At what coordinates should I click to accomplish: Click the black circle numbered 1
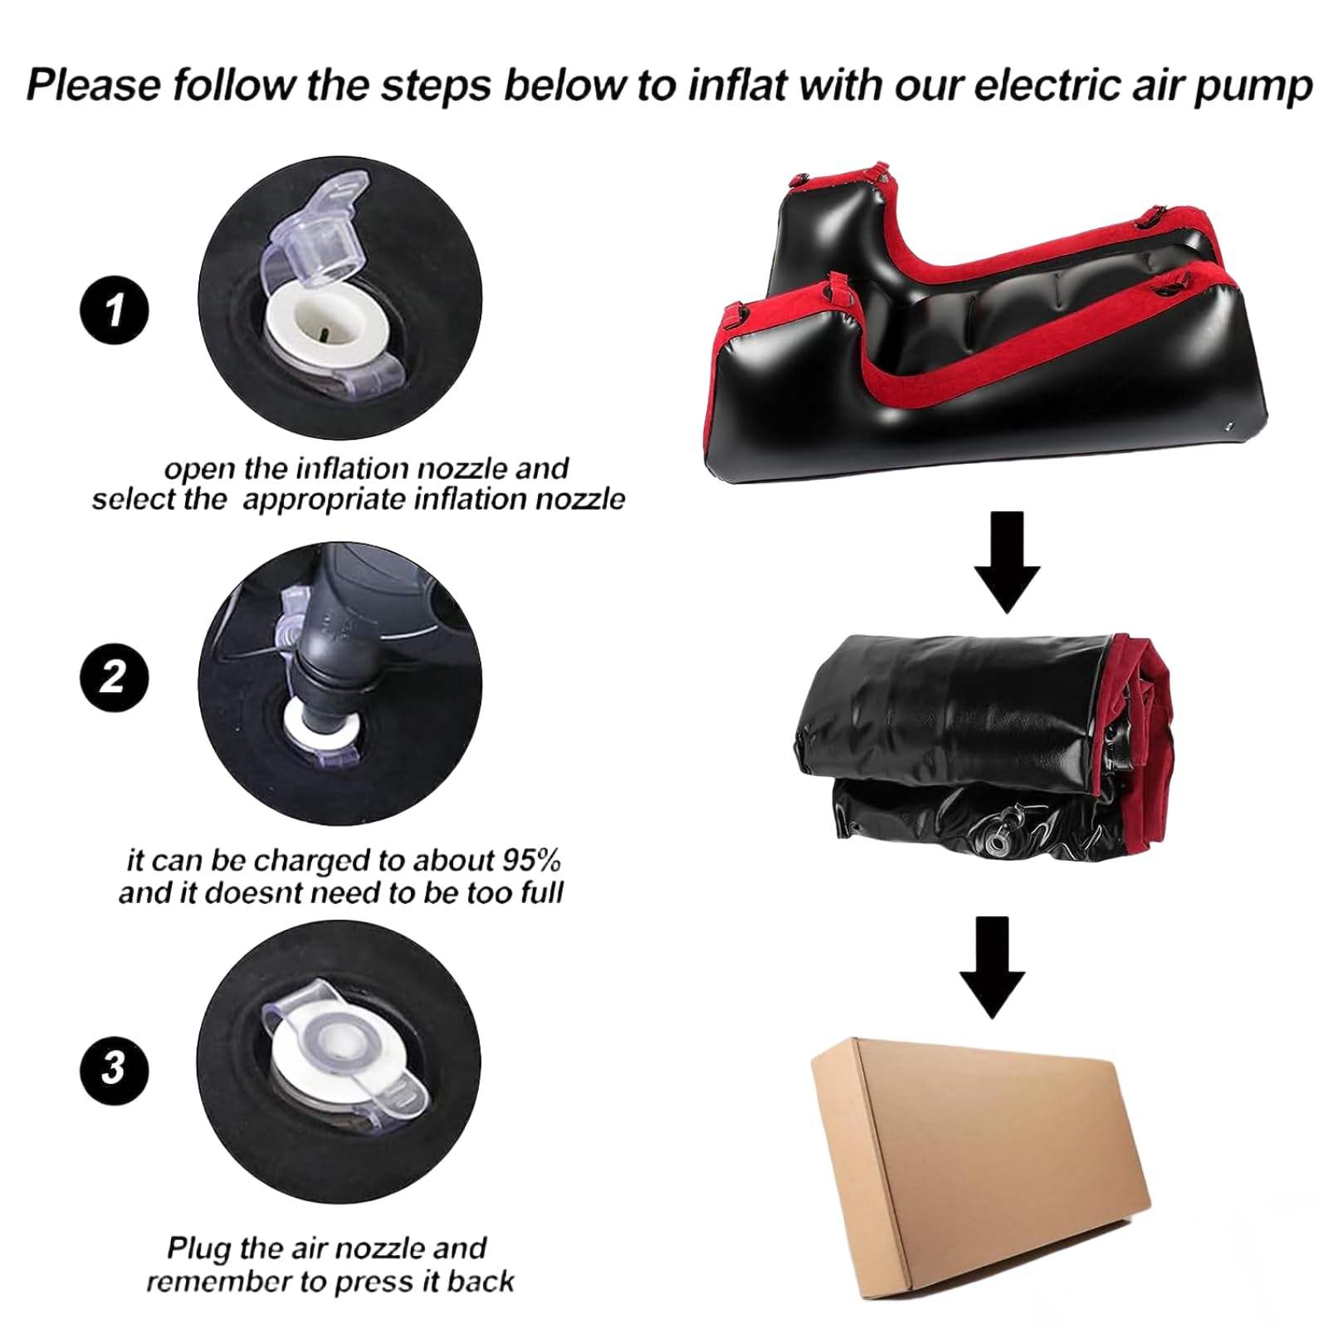pos(114,310)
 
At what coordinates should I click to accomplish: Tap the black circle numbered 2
pos(114,677)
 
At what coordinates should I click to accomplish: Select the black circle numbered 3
pos(114,1067)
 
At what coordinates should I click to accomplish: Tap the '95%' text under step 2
pos(530,860)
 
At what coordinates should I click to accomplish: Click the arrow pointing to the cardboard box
pos(993,967)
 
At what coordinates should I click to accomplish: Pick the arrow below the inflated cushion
pos(1007,562)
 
